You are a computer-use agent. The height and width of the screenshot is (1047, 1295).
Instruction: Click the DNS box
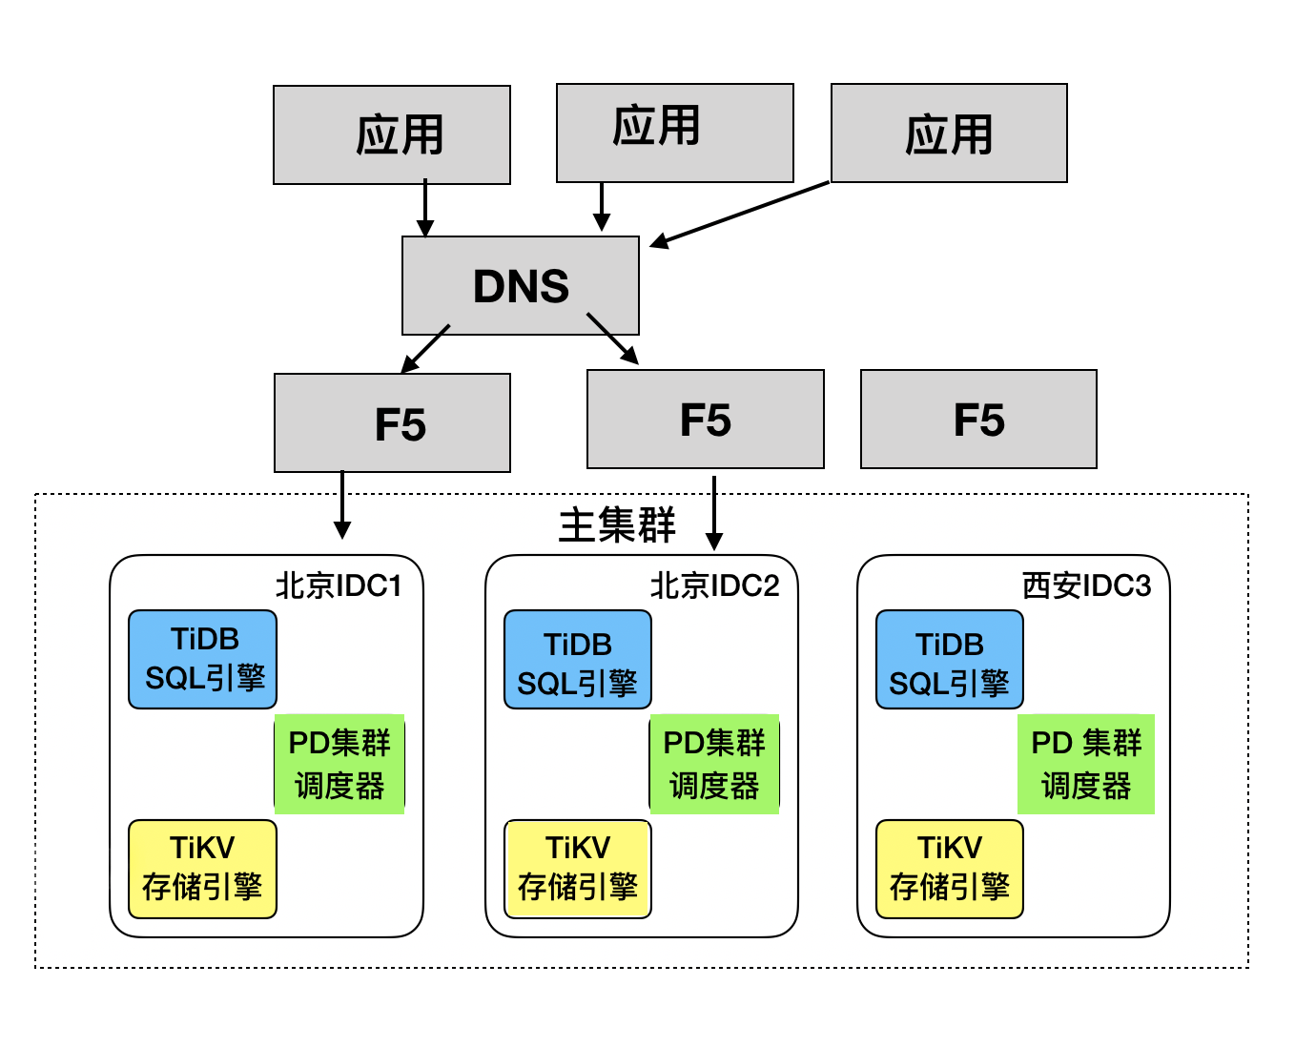tap(521, 286)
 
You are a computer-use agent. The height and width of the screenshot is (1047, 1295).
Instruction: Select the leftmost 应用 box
tap(392, 134)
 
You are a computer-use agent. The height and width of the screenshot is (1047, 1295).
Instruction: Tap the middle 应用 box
tap(674, 133)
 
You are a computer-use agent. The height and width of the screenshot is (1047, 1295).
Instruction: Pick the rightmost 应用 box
tap(949, 133)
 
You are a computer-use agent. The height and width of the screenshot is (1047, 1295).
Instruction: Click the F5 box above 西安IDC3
tap(978, 420)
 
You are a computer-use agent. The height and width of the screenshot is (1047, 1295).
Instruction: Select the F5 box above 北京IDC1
tap(392, 423)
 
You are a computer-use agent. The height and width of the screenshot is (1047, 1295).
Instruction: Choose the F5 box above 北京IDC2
tap(705, 420)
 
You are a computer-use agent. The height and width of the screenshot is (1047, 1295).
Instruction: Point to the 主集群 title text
tap(617, 525)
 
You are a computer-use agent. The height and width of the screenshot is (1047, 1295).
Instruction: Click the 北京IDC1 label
tap(339, 585)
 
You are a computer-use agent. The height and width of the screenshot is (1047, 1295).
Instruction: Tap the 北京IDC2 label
tap(714, 585)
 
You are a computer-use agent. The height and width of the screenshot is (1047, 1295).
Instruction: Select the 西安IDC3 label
tap(1086, 585)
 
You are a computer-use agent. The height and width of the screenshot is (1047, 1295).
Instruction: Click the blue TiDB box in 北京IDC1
tap(203, 659)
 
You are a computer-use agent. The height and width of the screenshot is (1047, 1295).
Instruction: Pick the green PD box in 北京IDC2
tap(714, 764)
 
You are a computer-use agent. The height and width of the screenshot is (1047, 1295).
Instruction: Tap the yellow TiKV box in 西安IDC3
tap(949, 869)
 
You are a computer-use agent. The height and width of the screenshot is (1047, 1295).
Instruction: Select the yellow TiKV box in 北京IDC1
tap(203, 869)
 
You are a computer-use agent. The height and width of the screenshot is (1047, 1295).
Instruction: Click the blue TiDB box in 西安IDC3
tap(949, 659)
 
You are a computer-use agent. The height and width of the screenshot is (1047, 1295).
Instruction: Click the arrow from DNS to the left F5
tap(425, 349)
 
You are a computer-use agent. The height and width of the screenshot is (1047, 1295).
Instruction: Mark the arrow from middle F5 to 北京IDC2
tap(714, 512)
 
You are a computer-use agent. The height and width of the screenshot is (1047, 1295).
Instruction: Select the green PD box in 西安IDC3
tap(1086, 764)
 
